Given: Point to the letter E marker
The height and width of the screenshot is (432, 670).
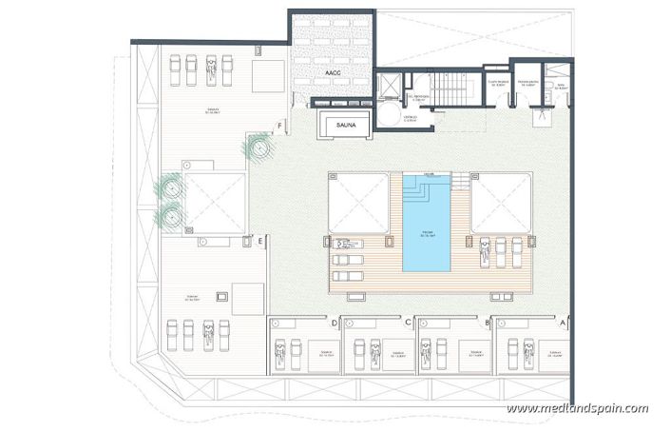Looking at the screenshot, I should pyautogui.click(x=259, y=241).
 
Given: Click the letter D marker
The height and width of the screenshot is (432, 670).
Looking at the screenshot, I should pyautogui.click(x=334, y=324).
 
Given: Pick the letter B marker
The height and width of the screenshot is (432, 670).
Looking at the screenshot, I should pyautogui.click(x=488, y=324).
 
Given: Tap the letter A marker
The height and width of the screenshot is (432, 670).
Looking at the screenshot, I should pyautogui.click(x=562, y=324).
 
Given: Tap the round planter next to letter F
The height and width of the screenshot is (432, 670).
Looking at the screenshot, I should pyautogui.click(x=258, y=147).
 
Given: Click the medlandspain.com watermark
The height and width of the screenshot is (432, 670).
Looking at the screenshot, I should pyautogui.click(x=577, y=408).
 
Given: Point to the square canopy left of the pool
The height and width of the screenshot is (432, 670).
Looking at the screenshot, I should pyautogui.click(x=358, y=203).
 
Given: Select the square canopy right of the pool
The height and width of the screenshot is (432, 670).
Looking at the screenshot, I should pyautogui.click(x=501, y=203).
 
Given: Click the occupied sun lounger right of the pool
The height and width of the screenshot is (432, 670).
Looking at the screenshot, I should pyautogui.click(x=486, y=250).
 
